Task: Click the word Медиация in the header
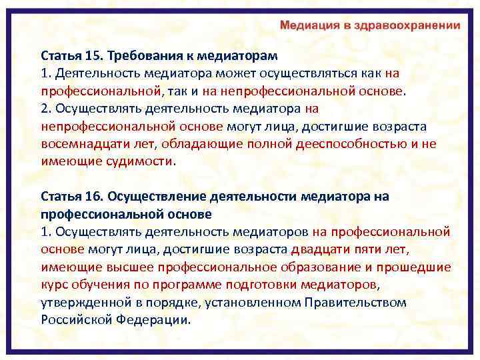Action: tap(309, 25)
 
